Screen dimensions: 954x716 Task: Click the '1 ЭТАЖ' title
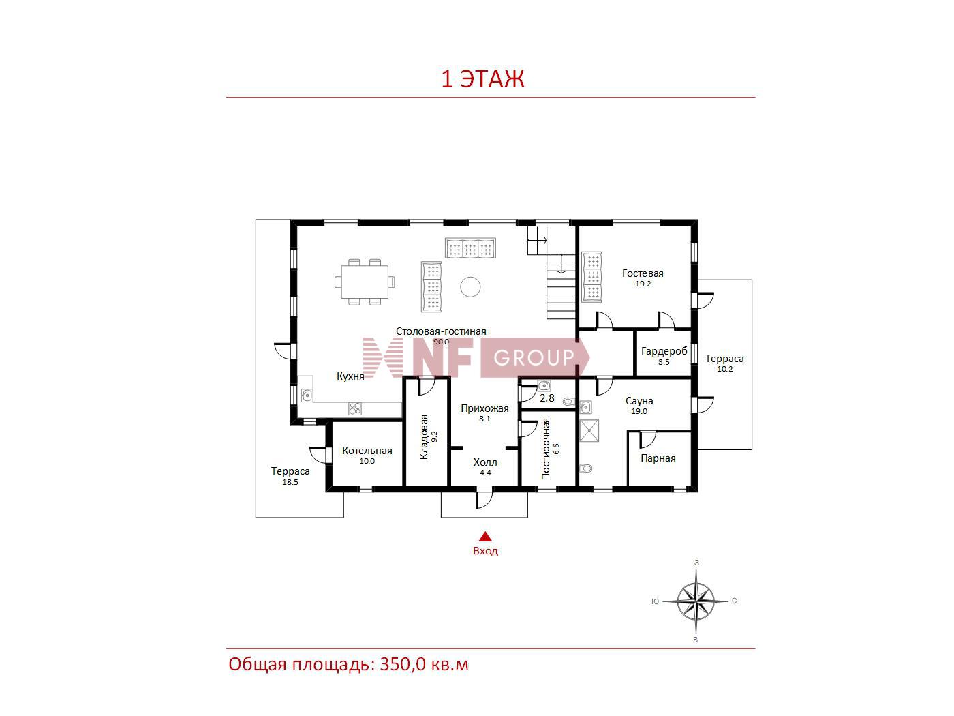pos(482,79)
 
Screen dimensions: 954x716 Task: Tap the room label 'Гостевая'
pos(643,273)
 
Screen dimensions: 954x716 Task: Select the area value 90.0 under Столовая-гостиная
pos(441,342)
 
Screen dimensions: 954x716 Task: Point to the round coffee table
pos(470,287)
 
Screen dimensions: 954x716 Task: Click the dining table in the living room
pos(364,282)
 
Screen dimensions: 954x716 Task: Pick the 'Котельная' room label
pos(367,451)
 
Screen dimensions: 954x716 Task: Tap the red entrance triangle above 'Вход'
pos(485,537)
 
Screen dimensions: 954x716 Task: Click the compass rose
pos(696,601)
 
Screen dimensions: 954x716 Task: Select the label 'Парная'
pos(658,458)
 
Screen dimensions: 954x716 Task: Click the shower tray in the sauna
pos(589,430)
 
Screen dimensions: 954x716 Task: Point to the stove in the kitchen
pos(355,408)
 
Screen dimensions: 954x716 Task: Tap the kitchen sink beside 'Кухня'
pos(307,395)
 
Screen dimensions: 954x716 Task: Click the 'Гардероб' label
pos(664,350)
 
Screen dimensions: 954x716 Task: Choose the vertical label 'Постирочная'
pos(546,449)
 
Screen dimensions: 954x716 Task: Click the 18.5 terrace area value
pos(290,482)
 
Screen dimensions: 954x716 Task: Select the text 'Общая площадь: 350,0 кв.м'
pos(348,665)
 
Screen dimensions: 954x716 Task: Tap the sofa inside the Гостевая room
pos(591,276)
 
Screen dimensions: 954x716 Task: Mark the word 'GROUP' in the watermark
pos(534,357)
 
